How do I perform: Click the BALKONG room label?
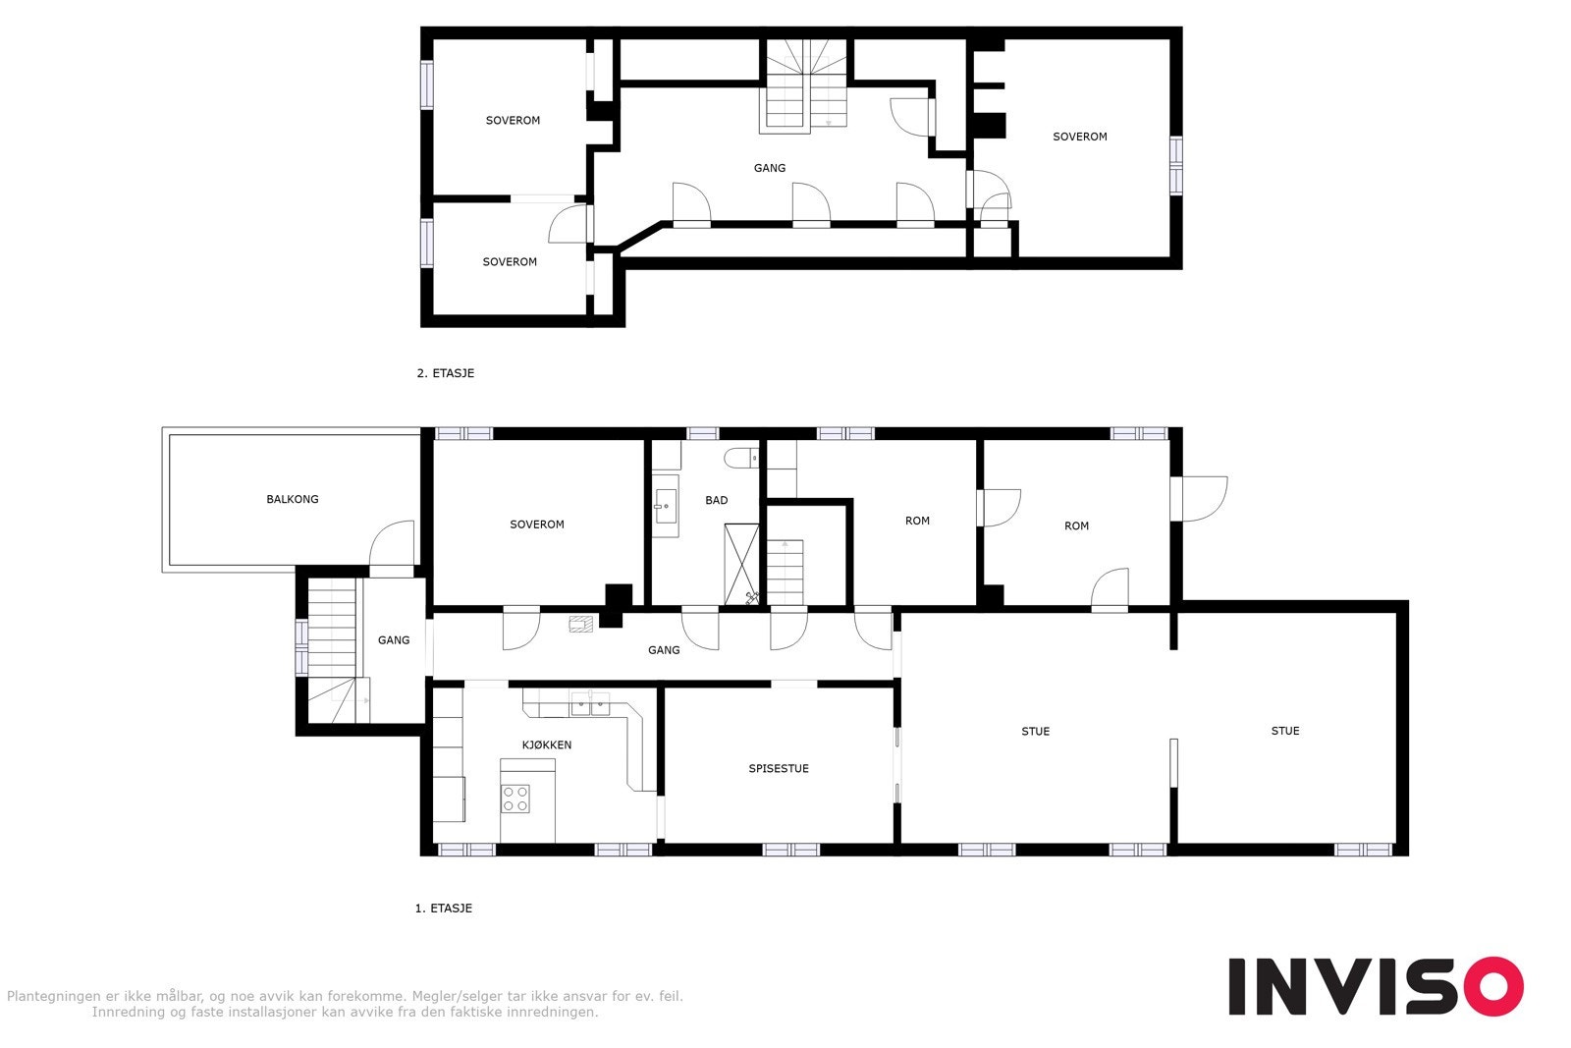293,499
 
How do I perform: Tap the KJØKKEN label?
546,745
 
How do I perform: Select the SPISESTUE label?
779,768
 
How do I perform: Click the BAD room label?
717,500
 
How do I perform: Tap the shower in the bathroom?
741,564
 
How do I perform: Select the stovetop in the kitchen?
516,799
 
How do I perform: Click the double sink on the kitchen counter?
590,703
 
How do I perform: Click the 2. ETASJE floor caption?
446,373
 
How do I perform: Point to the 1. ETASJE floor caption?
444,909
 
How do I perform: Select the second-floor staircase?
806,86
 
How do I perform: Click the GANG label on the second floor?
770,168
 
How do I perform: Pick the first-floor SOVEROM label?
537,524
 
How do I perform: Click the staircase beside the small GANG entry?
332,648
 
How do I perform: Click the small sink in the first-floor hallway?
580,623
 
